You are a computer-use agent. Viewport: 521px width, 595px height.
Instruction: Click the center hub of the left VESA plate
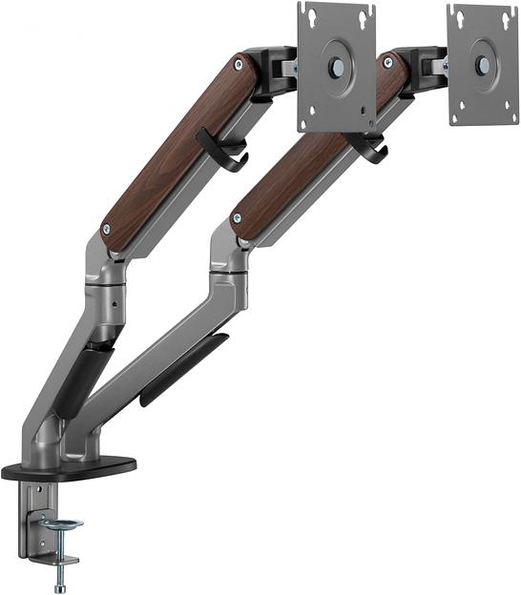tap(336, 68)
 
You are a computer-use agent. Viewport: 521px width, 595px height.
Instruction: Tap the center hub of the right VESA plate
tap(483, 65)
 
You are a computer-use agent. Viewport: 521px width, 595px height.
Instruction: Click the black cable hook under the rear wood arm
tap(221, 151)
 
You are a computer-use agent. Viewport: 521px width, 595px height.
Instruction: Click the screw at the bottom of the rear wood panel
tap(106, 230)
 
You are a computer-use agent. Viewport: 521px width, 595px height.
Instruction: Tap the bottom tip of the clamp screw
tap(61, 585)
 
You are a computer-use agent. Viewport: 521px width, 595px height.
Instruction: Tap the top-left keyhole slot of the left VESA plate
tap(309, 13)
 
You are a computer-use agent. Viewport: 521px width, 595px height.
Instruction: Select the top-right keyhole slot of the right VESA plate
tap(507, 14)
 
